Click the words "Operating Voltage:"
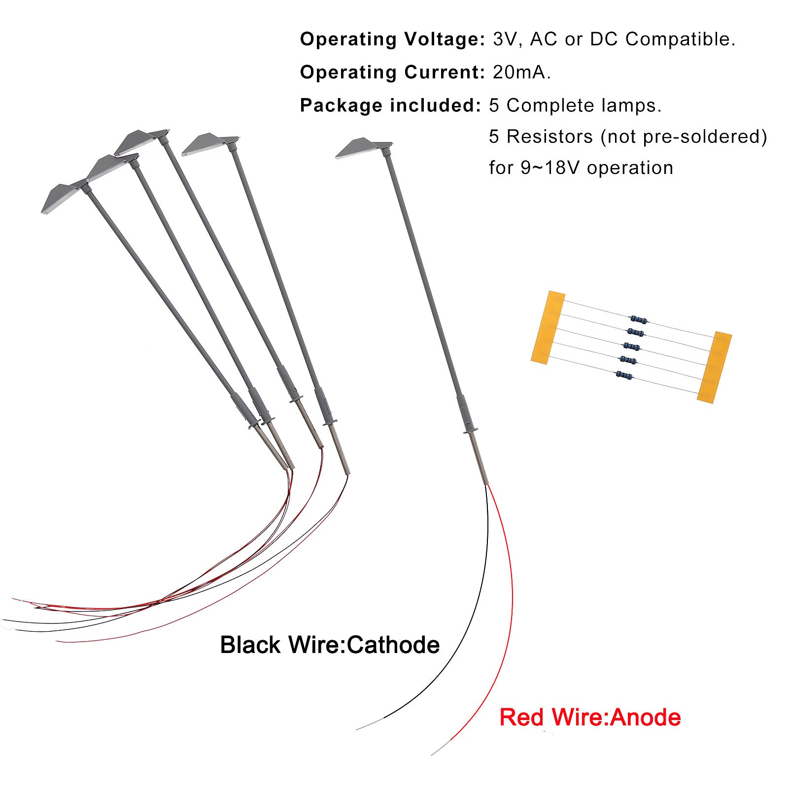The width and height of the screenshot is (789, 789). tap(393, 40)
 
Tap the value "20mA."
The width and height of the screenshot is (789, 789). tap(522, 72)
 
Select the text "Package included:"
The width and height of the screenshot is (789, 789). tap(390, 105)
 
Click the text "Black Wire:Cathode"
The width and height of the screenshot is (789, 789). tap(330, 645)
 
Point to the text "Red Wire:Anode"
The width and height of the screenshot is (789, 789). tap(590, 717)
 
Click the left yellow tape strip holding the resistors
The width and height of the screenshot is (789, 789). tap(548, 328)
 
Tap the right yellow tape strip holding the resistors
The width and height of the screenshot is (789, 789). tap(715, 368)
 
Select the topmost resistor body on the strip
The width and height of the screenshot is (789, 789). tap(639, 319)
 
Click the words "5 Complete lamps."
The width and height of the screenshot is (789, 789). tap(575, 105)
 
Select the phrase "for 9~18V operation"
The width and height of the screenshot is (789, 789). tap(581, 168)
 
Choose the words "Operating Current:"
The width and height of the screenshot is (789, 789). tap(393, 72)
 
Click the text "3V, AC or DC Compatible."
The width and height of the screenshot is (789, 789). tap(614, 39)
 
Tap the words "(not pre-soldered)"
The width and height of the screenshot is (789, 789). tap(684, 137)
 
